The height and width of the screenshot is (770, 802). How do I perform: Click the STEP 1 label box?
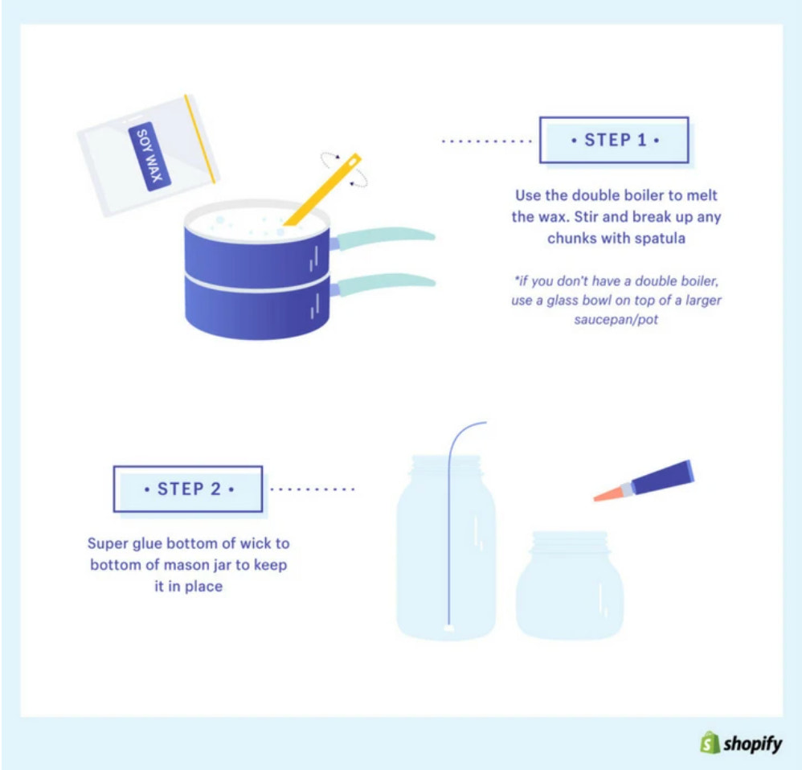point(614,140)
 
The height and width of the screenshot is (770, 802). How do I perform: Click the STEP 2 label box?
point(188,488)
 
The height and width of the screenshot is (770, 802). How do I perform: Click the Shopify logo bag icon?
point(708,743)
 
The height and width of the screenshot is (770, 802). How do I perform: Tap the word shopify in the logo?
point(752,743)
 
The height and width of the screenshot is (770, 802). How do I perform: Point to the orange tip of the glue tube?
point(608,494)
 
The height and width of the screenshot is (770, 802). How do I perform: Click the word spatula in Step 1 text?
point(660,239)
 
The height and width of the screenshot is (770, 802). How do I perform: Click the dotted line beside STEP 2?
point(313,488)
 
